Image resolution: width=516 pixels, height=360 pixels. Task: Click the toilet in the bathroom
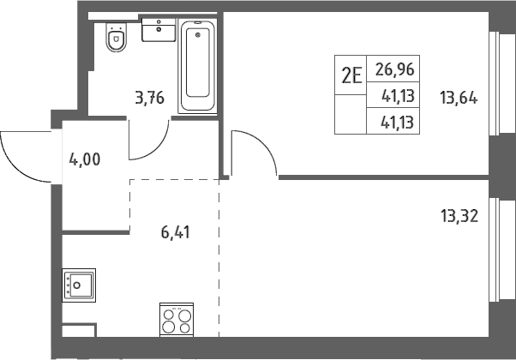[117, 37]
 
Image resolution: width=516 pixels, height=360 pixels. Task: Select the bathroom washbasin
[159, 30]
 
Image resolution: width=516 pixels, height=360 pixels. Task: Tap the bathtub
[197, 66]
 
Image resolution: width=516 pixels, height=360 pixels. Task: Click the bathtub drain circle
[198, 35]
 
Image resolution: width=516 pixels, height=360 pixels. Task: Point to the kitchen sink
[79, 285]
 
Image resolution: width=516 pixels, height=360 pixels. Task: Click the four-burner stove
[177, 320]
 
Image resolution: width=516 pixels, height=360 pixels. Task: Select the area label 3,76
[150, 98]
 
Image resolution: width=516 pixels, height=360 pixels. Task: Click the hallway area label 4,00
[85, 160]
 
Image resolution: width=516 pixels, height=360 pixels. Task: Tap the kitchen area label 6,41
[176, 232]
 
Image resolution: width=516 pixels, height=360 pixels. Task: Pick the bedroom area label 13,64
[459, 98]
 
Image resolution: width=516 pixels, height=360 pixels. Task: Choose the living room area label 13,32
[459, 216]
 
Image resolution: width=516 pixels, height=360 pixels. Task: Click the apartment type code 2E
[351, 75]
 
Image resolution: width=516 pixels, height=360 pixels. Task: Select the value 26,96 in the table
[394, 69]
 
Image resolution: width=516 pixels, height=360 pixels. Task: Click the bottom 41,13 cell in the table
[397, 122]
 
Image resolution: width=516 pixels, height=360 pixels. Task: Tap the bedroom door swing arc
[264, 144]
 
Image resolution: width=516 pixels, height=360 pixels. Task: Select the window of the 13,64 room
[501, 84]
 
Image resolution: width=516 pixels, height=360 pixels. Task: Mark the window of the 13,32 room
[501, 249]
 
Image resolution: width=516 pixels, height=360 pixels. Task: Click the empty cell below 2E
[351, 114]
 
